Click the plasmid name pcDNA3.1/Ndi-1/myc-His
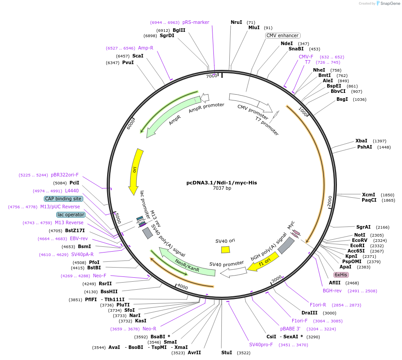(221, 182)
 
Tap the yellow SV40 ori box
(225, 249)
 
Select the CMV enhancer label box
(282, 35)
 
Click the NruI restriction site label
(236, 22)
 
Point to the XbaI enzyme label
(361, 141)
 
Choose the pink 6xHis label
(341, 275)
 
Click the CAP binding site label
(63, 199)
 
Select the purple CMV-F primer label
(306, 57)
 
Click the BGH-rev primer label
(332, 291)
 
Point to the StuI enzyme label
(226, 352)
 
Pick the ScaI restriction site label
(138, 56)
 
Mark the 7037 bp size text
(222, 188)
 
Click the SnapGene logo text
(387, 4)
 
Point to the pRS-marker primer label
(196, 22)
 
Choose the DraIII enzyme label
(309, 313)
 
